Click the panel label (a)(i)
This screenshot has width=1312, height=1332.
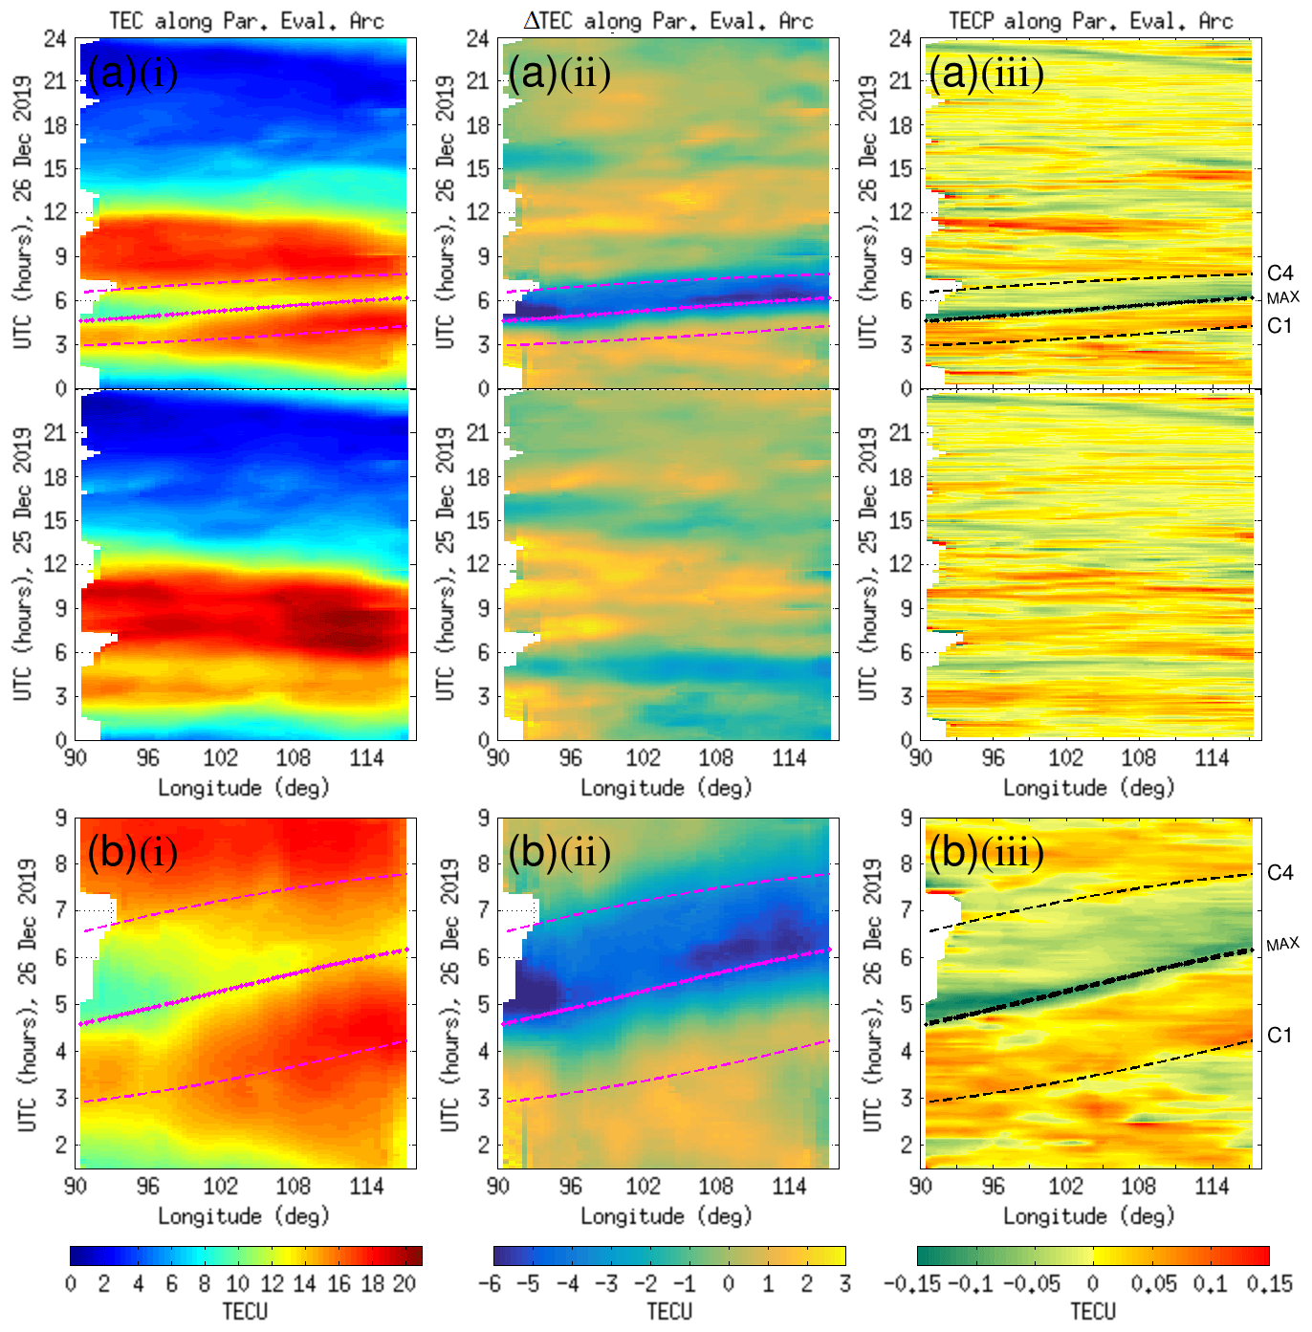click(132, 74)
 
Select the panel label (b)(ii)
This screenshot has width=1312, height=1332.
click(559, 852)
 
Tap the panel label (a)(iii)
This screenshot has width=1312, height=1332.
click(986, 74)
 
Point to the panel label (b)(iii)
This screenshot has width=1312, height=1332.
click(986, 852)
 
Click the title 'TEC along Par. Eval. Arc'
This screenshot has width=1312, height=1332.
click(246, 20)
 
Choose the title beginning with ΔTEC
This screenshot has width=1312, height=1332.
click(668, 20)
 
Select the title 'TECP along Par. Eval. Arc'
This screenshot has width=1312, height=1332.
click(1091, 20)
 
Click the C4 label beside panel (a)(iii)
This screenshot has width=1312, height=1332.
click(1279, 274)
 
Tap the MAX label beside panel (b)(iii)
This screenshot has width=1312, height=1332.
click(1282, 944)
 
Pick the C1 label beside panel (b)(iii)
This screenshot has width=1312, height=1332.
click(1279, 1036)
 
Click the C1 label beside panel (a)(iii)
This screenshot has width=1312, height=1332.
click(1279, 326)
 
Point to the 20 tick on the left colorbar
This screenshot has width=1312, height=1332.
click(405, 1283)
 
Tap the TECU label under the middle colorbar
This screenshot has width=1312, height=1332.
click(668, 1311)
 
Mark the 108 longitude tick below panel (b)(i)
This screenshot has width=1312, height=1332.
click(293, 1187)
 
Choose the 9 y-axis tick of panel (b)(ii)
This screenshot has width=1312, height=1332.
click(483, 819)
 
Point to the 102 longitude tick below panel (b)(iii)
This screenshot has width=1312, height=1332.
click(1065, 1187)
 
